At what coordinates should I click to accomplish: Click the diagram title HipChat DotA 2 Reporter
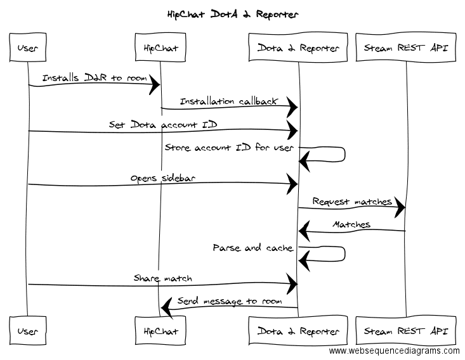click(x=233, y=14)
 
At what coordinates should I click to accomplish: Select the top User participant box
click(x=28, y=48)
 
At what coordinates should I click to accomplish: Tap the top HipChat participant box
click(x=160, y=48)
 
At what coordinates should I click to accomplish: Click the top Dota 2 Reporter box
click(x=298, y=48)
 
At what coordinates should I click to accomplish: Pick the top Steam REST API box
click(x=406, y=48)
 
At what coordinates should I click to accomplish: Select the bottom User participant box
click(x=28, y=331)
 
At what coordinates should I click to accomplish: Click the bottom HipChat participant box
click(x=160, y=331)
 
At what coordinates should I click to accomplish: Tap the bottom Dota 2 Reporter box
click(x=298, y=331)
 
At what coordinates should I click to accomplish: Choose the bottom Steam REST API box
click(x=406, y=331)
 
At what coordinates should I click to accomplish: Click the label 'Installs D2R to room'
click(x=95, y=77)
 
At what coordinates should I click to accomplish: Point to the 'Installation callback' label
click(x=228, y=101)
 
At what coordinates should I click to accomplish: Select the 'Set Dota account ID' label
click(x=163, y=124)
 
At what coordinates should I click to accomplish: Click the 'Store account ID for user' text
click(x=229, y=147)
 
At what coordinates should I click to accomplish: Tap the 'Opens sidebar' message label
click(x=163, y=178)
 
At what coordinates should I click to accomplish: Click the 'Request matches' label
click(x=352, y=202)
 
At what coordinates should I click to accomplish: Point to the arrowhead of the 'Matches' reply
click(x=305, y=231)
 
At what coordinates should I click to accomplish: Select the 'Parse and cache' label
click(x=253, y=248)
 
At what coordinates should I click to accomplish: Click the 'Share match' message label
click(x=163, y=278)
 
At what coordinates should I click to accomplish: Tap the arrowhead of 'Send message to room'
click(x=167, y=307)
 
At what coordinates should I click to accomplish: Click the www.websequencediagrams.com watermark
click(x=394, y=351)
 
